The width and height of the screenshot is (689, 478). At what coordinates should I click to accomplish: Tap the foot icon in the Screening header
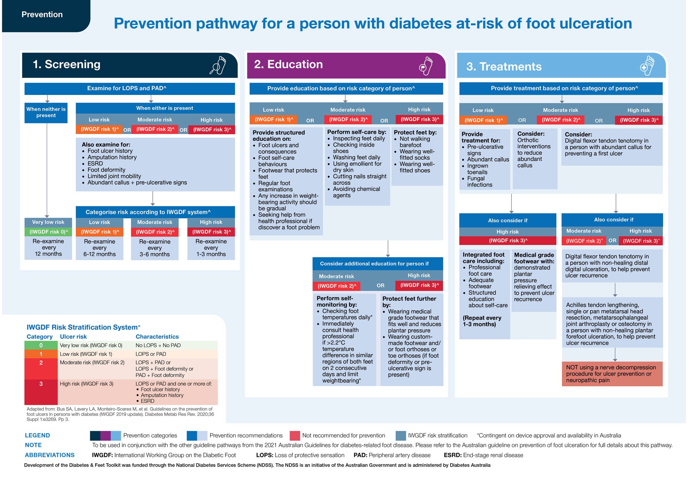218,65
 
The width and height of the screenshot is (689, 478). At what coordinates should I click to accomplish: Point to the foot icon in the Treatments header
647,66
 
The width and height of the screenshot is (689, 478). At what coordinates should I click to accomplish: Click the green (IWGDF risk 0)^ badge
48,232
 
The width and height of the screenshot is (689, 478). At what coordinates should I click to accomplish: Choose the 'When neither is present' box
46,113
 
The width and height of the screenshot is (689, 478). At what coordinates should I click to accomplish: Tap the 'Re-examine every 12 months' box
48,248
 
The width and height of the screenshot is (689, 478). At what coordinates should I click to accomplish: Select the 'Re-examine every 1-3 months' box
211,248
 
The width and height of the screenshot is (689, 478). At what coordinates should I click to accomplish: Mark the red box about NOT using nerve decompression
612,374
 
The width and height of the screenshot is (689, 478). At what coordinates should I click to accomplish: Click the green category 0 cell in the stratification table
41,345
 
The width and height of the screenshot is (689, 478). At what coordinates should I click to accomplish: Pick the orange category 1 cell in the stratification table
41,354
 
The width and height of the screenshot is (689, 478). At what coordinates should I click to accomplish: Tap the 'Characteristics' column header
157,337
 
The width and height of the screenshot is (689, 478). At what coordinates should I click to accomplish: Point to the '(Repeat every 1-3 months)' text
482,321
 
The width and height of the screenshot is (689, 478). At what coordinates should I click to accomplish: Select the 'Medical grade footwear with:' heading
534,258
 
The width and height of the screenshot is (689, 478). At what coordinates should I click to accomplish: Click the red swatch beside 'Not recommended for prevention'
295,435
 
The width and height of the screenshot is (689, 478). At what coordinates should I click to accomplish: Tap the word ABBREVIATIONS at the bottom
50,455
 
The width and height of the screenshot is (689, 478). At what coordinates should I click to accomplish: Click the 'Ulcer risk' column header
73,337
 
